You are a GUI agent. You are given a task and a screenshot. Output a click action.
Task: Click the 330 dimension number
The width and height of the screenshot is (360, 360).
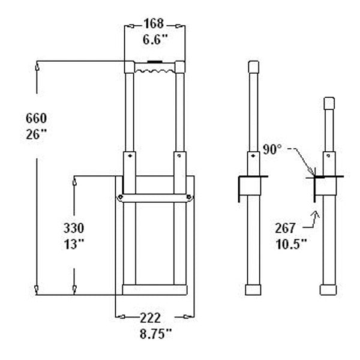point(74,228)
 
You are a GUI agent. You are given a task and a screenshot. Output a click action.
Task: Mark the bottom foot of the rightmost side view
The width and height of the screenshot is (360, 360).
point(328,290)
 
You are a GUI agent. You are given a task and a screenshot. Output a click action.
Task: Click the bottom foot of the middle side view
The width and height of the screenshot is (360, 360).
point(253,290)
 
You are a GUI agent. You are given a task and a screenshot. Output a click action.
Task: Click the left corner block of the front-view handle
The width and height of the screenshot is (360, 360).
point(130,67)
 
